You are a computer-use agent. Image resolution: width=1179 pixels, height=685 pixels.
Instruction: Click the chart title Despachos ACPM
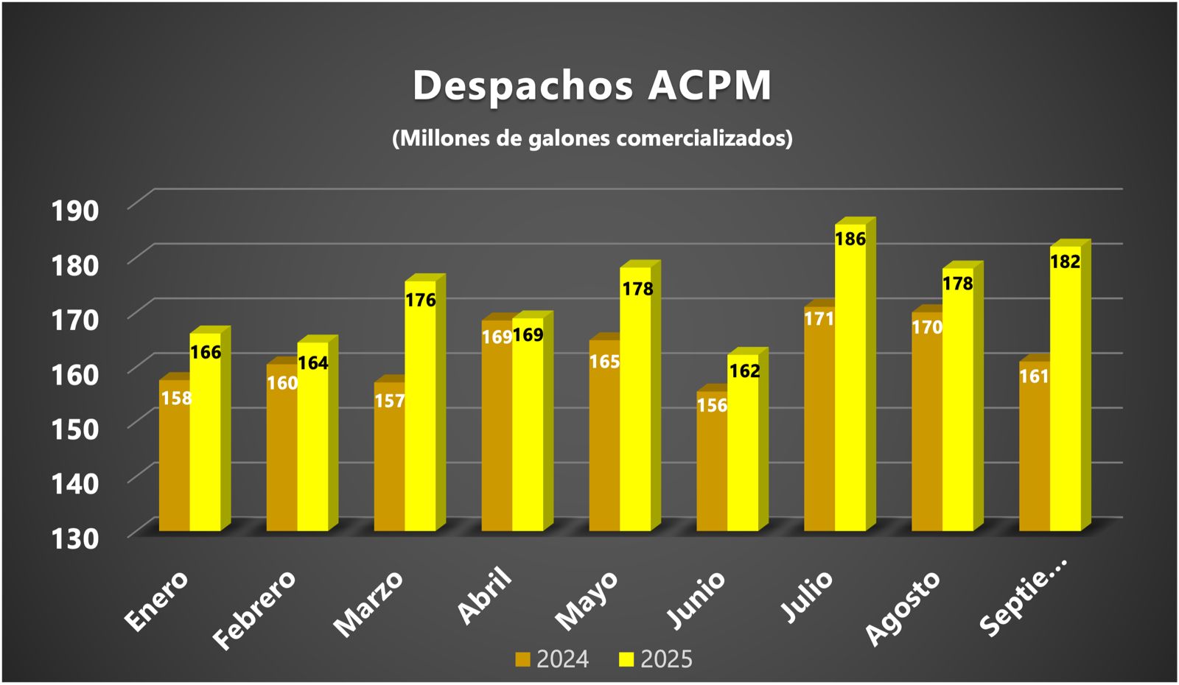pos(592,85)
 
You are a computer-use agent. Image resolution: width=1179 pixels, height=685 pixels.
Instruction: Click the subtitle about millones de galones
pos(592,138)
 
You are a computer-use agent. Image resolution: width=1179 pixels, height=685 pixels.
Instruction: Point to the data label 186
pos(850,239)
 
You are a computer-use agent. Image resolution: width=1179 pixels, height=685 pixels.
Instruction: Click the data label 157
pos(390,401)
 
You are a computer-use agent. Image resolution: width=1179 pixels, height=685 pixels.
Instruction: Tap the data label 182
pos(1066,261)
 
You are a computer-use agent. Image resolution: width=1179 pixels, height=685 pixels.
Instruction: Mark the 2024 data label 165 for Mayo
pos(604,362)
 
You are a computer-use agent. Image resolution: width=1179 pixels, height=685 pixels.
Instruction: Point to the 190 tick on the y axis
pos(74,211)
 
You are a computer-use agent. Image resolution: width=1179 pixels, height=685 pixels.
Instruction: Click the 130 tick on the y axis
pos(74,538)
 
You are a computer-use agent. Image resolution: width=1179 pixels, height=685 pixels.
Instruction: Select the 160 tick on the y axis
pos(74,375)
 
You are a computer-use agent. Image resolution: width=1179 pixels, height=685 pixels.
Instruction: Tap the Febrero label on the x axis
pos(254,610)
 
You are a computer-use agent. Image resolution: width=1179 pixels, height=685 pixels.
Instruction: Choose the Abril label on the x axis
pos(484,596)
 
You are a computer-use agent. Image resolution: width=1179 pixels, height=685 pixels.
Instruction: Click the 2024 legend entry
pos(553,659)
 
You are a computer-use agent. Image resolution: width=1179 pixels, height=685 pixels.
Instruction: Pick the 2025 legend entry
pos(657,659)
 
